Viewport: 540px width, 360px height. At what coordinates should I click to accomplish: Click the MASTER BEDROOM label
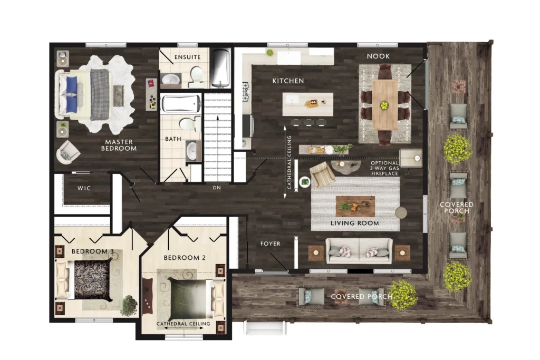pyautogui.click(x=119, y=145)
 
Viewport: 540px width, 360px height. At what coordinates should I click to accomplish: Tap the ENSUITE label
pyautogui.click(x=187, y=57)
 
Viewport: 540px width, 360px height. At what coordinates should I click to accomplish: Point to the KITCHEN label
pyautogui.click(x=288, y=81)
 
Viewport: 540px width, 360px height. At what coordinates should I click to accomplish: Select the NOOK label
pyautogui.click(x=378, y=56)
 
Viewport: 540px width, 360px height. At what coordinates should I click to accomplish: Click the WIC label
pyautogui.click(x=84, y=188)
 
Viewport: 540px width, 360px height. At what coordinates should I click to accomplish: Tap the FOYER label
pyautogui.click(x=271, y=244)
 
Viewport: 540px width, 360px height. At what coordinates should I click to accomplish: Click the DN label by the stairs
pyautogui.click(x=217, y=188)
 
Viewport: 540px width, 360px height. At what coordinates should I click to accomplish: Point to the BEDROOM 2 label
pyautogui.click(x=185, y=258)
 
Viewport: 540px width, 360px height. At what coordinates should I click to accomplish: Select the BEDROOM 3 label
pyautogui.click(x=93, y=251)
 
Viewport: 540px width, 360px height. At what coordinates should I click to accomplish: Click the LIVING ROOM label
pyautogui.click(x=355, y=223)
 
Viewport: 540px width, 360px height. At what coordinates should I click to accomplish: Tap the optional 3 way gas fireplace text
pyautogui.click(x=384, y=168)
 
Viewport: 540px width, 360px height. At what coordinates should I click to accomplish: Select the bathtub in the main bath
pyautogui.click(x=181, y=104)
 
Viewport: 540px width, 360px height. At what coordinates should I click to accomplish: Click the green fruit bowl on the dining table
pyautogui.click(x=384, y=105)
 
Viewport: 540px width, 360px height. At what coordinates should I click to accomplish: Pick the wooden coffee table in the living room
pyautogui.click(x=355, y=206)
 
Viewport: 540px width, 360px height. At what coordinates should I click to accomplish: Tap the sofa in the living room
pyautogui.click(x=359, y=251)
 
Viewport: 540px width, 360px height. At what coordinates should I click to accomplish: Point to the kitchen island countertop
pyautogui.click(x=308, y=104)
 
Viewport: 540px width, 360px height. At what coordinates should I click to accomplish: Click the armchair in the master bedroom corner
pyautogui.click(x=68, y=152)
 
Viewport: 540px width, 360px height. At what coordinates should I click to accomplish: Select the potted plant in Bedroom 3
pyautogui.click(x=129, y=304)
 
